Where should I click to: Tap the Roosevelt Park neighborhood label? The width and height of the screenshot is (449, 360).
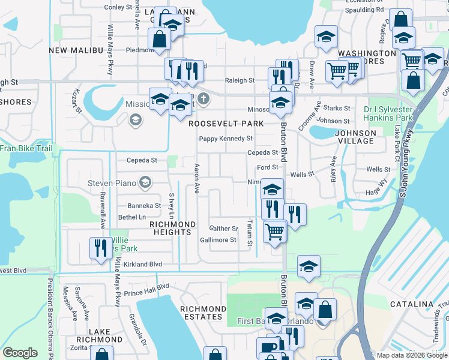pos(226,124)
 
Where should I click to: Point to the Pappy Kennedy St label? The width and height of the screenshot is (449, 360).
pos(226,139)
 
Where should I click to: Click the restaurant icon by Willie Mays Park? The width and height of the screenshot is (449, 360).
pos(100,247)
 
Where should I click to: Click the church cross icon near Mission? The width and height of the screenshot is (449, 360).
pos(203,98)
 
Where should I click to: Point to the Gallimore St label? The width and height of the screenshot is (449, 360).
pos(218,240)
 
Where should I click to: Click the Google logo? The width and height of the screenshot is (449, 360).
pos(20,353)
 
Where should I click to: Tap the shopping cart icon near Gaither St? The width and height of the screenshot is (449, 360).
pos(274,231)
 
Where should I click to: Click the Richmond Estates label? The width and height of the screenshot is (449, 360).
pos(202,313)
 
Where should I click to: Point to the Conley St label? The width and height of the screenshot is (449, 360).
pos(118,8)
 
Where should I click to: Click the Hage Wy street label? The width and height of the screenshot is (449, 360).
pos(376,191)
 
